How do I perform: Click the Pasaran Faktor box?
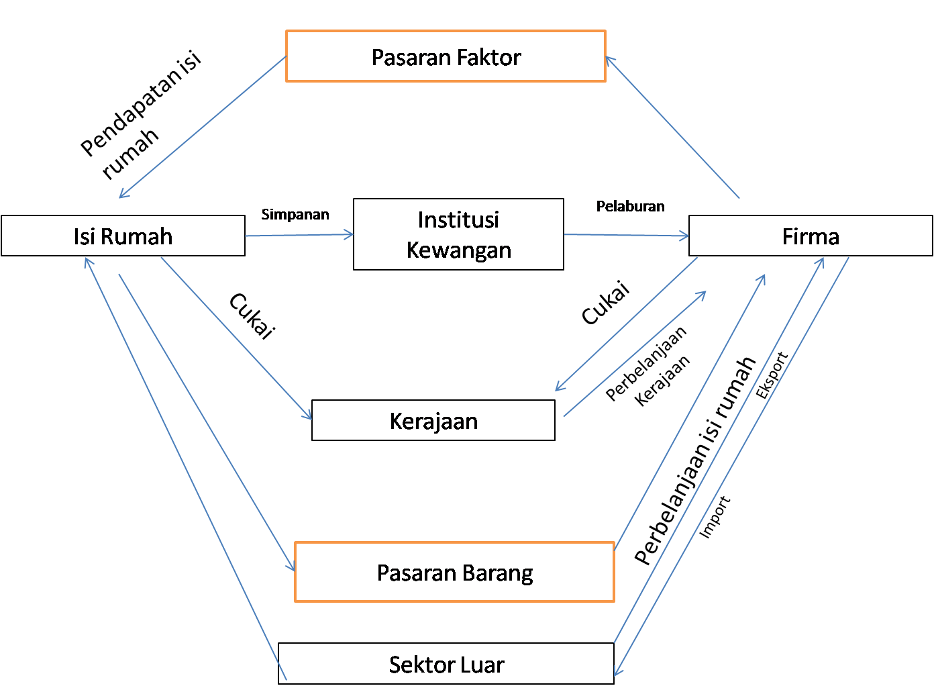tap(446, 56)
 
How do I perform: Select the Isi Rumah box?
tap(123, 236)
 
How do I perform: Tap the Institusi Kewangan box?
tap(458, 234)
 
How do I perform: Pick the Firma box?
tap(810, 236)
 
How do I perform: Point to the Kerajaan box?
tap(433, 421)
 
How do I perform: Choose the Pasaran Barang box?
tap(454, 573)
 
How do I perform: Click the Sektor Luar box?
tap(446, 664)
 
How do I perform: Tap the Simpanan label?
tap(295, 214)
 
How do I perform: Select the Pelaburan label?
tap(630, 206)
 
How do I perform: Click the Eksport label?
tap(772, 375)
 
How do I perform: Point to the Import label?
tap(715, 517)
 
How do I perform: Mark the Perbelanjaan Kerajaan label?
tap(648, 366)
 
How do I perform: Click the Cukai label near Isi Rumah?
tap(252, 315)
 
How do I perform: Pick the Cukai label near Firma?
tap(605, 303)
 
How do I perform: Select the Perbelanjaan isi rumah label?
tap(695, 460)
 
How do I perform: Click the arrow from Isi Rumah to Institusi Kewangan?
tap(299, 235)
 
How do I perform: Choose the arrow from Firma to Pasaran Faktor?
tap(671, 127)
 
